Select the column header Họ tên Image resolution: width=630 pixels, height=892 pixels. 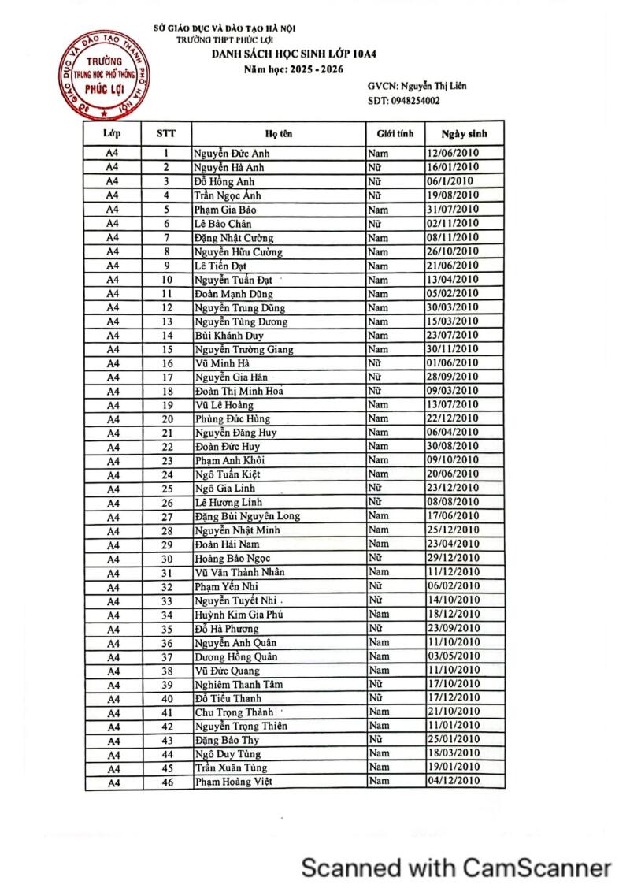[x=279, y=134]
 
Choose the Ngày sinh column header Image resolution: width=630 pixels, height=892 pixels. [x=464, y=134]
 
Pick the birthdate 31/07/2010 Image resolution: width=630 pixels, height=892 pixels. [x=452, y=210]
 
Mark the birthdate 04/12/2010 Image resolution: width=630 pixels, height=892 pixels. [x=452, y=781]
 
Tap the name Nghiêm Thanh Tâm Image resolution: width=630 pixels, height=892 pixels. [x=239, y=684]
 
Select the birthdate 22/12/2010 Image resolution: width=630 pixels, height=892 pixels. [x=452, y=418]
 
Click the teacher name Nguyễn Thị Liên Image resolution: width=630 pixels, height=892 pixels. [x=433, y=86]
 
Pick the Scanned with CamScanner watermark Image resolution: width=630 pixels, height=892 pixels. [x=457, y=868]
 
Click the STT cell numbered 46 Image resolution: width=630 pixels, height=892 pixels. [x=167, y=782]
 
